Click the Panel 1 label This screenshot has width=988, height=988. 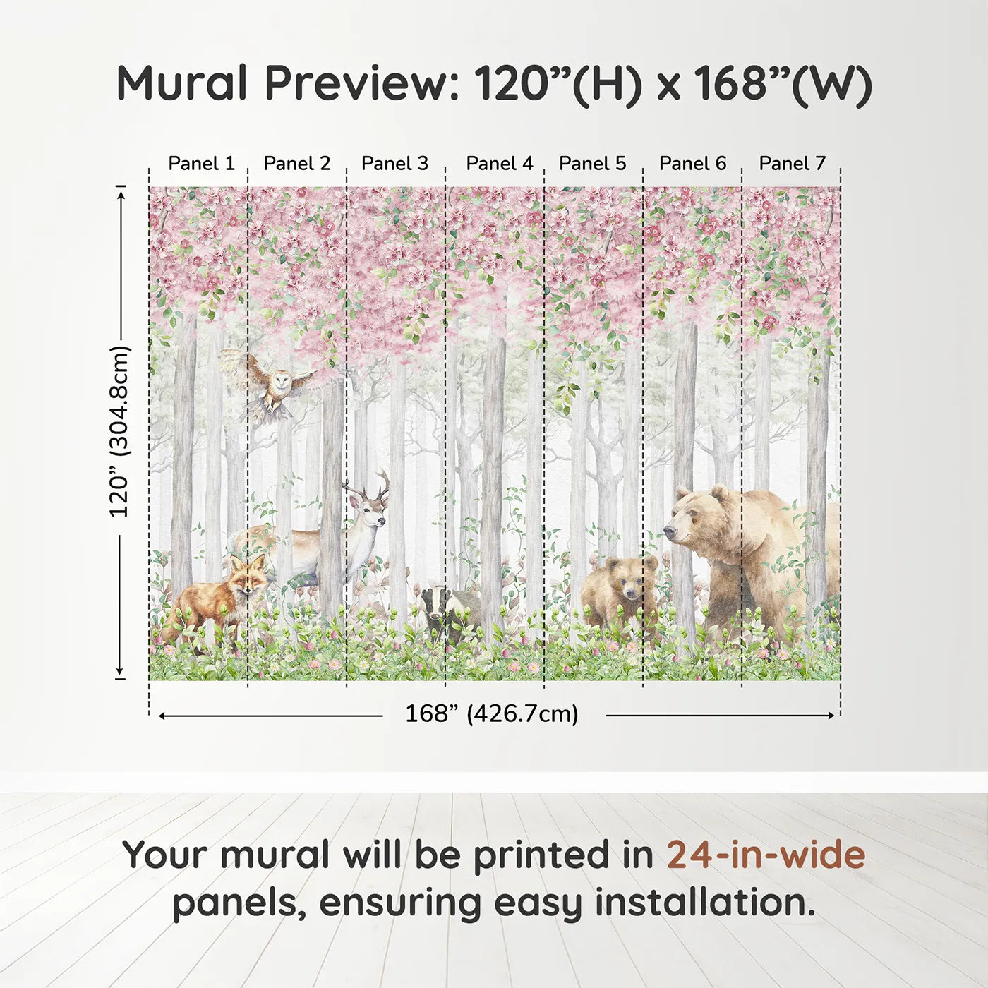201,163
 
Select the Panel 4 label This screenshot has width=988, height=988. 500,163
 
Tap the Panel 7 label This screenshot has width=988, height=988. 792,163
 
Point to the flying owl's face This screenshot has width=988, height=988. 280,383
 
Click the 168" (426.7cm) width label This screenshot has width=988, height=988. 491,714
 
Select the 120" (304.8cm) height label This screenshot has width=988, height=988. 120,431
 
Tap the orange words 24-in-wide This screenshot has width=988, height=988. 766,855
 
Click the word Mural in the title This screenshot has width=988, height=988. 181,83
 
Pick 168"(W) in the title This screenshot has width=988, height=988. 783,83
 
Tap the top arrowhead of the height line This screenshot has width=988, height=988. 121,193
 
